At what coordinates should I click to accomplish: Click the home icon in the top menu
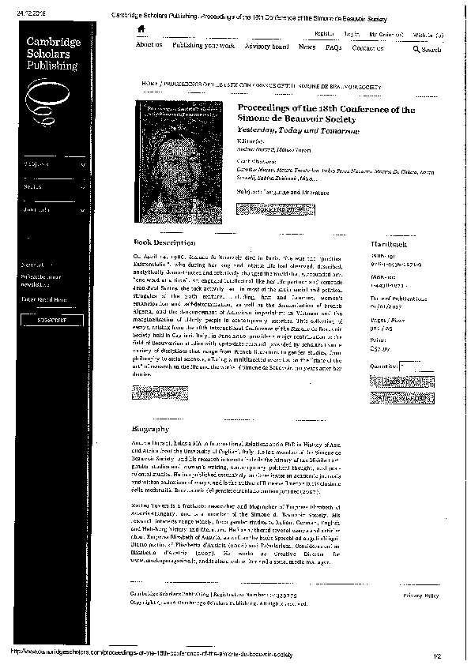141,29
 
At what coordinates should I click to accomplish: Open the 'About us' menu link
149,47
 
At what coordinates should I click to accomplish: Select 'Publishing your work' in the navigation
203,47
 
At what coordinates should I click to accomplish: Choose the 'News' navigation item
307,47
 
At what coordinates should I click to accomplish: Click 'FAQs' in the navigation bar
333,47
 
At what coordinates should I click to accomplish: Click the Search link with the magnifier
428,49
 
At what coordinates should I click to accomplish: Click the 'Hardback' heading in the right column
377,246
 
